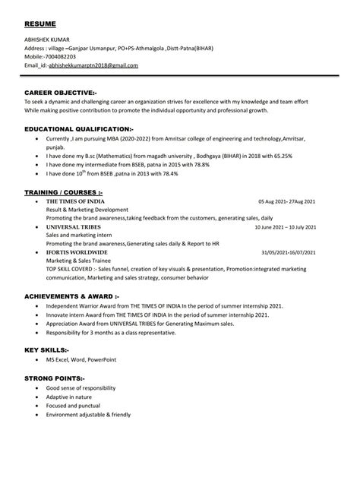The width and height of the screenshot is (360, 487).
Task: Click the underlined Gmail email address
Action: pyautogui.click(x=93, y=66)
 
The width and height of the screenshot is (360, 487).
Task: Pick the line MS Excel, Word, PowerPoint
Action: pyautogui.click(x=77, y=359)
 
